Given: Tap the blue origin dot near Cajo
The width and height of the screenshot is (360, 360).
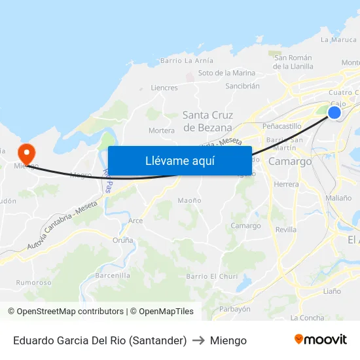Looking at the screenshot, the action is point(334,113).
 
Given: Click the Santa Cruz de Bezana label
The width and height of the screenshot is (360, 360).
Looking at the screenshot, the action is point(207,122).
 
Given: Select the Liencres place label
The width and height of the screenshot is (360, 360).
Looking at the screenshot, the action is point(164,88).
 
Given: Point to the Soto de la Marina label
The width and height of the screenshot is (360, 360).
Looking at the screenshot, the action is point(226,73).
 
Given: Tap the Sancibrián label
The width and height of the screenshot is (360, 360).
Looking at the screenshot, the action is point(242,86).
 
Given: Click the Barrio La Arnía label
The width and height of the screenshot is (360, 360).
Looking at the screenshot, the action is point(187,61).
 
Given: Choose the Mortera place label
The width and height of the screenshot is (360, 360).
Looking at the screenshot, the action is point(162,131).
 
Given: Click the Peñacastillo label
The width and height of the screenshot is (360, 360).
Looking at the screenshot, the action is point(281,126).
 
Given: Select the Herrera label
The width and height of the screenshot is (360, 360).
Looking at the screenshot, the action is point(286,185).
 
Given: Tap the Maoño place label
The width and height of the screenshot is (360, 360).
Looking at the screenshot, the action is point(189,200).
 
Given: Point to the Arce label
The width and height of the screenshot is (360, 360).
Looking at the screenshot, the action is point(135,221).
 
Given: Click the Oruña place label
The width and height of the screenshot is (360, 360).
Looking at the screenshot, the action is point(122,240).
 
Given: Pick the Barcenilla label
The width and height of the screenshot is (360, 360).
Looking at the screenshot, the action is point(113,276).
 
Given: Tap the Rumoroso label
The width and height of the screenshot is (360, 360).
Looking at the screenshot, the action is point(34,283).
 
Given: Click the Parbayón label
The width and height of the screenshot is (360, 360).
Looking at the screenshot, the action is point(235,309).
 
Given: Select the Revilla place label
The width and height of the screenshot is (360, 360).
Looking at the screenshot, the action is point(286,230).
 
